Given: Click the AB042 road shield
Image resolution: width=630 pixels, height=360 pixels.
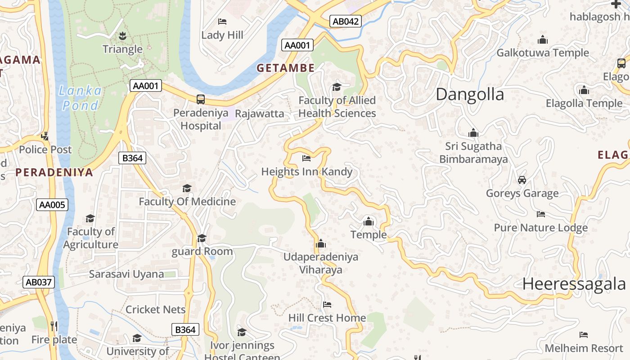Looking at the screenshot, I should pos(346,21).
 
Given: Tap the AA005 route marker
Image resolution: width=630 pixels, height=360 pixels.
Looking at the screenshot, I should pos(52,205).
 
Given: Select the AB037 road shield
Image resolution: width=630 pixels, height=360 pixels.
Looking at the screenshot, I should pos(39,282).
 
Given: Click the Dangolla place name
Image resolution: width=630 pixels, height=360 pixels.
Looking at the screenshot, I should pos(470,94).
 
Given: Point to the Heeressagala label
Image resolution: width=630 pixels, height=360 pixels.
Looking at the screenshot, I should pos(574,284).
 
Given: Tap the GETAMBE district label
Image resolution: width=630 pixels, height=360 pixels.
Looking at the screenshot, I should pos(285,68).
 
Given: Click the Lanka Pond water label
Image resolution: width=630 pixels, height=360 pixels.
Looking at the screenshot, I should pos(80,98).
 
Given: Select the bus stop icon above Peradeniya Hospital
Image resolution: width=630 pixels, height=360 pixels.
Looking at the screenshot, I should pos(201,99).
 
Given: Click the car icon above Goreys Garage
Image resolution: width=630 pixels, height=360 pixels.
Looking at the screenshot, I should pos(522,180).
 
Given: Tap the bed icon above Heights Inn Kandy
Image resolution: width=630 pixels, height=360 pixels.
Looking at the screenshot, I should pos(306,158).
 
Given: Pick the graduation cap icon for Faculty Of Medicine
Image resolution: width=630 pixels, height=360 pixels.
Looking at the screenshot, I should pos(187,188).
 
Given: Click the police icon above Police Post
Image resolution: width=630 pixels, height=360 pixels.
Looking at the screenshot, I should pos(45,136).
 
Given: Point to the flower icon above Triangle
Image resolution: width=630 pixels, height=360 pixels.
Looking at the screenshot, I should pos(122,35).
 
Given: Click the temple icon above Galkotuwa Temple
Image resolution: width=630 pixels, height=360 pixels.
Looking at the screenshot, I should pos(542,40).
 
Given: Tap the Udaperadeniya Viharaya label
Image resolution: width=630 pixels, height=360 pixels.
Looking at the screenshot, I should pos(321,263).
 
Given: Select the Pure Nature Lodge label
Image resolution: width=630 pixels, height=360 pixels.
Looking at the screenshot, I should pos(540,228).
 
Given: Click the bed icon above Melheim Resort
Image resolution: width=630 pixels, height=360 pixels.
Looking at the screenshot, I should pos(584,335).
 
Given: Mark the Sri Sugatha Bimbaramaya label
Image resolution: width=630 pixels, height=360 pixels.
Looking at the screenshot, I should pos(473,153).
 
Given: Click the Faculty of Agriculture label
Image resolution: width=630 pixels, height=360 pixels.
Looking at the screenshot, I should pos(90,238).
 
